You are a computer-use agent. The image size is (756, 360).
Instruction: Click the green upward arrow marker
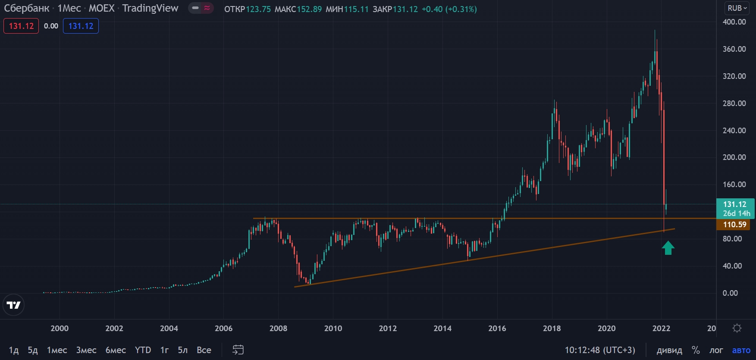[668, 248]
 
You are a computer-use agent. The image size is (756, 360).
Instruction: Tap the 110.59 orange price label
[734, 225]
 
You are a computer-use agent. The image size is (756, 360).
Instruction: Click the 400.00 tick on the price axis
[734, 22]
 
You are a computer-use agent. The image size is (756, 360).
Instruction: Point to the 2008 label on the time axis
[278, 329]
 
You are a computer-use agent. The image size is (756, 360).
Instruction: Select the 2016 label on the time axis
[497, 329]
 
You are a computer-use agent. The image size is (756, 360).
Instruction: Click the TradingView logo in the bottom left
[13, 305]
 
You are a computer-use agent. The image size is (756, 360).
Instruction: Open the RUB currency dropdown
[737, 8]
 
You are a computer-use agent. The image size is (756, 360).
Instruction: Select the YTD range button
[143, 350]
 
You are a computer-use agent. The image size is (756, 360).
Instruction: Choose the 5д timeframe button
[33, 350]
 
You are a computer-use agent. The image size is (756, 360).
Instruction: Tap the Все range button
[204, 350]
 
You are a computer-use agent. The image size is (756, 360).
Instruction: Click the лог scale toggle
[716, 350]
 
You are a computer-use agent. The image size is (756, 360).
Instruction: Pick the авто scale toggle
[741, 350]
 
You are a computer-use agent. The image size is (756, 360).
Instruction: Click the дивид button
[669, 350]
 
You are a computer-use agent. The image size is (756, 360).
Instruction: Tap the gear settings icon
[737, 329]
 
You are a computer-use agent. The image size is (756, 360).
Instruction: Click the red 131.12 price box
[21, 26]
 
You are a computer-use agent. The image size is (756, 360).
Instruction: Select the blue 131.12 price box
[81, 26]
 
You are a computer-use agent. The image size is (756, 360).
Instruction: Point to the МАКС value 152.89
[309, 9]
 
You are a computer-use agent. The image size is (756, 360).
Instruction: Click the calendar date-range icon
[238, 350]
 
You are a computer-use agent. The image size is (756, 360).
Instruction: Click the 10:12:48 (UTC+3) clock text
[600, 350]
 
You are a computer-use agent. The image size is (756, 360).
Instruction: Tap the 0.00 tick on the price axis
[730, 293]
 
